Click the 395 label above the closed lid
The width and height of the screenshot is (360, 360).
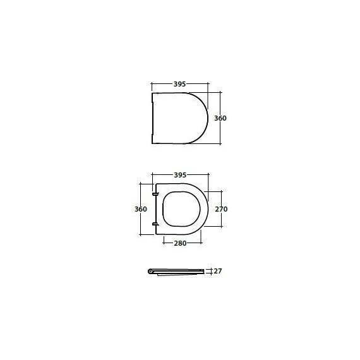click(179, 84)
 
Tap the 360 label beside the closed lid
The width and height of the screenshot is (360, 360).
click(220, 118)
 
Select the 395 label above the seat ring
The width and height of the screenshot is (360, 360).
click(180, 175)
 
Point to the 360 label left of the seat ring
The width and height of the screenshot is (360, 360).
click(141, 209)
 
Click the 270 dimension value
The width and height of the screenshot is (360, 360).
click(221, 209)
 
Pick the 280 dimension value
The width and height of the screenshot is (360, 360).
click(180, 243)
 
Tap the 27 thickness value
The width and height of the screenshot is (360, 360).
click(218, 271)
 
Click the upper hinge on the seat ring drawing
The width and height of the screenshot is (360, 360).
click(155, 195)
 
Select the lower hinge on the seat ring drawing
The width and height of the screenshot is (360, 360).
click(155, 224)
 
